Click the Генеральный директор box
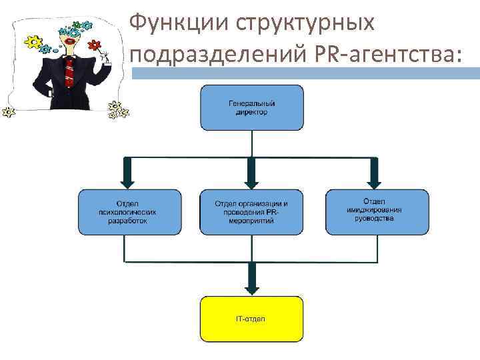pyautogui.click(x=251, y=107)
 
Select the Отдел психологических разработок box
pyautogui.click(x=129, y=212)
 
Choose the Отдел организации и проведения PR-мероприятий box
pyautogui.click(x=251, y=212)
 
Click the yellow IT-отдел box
pyautogui.click(x=251, y=319)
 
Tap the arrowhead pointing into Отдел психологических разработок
pyautogui.click(x=129, y=180)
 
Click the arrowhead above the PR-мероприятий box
pyautogui.click(x=251, y=180)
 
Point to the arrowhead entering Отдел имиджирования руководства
pyautogui.click(x=373, y=180)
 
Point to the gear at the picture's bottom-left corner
pyautogui.click(x=9, y=112)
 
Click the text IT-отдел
pyautogui.click(x=251, y=319)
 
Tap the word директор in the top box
pyautogui.click(x=251, y=113)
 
